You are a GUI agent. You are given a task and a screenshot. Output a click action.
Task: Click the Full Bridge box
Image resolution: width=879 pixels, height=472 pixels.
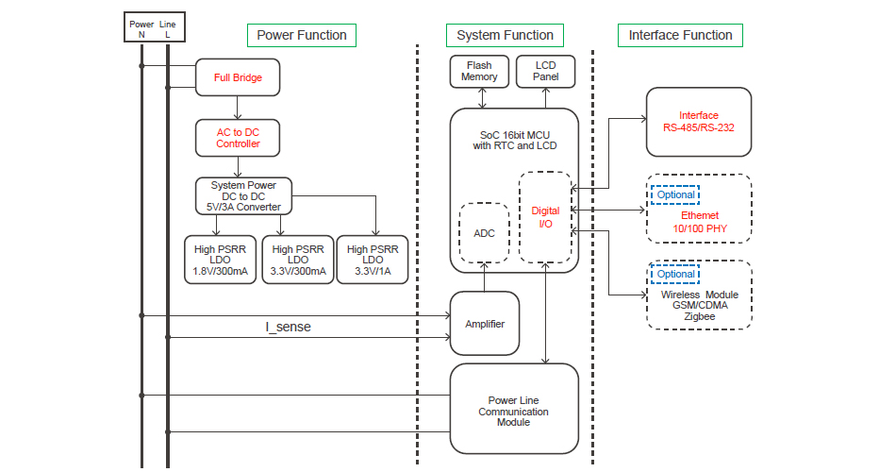(x=238, y=77)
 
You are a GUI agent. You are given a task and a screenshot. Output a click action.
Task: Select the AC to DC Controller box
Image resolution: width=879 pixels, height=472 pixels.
(x=238, y=137)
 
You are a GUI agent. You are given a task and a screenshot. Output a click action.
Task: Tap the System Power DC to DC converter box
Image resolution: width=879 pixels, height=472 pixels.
(x=243, y=195)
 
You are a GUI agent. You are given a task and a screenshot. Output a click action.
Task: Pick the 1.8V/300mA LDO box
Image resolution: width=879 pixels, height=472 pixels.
(x=220, y=261)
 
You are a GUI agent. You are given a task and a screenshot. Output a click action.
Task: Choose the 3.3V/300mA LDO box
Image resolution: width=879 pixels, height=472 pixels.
(x=297, y=261)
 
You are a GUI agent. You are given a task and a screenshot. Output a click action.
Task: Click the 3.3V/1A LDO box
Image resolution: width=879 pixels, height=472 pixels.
(x=373, y=261)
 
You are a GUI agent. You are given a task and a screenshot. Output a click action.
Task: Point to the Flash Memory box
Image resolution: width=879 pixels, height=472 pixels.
(x=479, y=72)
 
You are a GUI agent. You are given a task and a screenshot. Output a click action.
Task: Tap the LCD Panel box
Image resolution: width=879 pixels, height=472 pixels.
(x=545, y=72)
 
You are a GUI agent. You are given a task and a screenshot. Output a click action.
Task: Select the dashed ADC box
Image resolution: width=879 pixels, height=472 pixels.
(x=484, y=232)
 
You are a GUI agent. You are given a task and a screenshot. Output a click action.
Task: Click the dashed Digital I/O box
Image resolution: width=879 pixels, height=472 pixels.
(x=545, y=217)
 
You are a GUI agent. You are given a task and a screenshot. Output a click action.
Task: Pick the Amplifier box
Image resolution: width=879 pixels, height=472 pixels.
(x=485, y=324)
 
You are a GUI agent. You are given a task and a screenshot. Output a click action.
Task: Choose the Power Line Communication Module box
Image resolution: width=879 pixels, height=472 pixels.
(x=513, y=412)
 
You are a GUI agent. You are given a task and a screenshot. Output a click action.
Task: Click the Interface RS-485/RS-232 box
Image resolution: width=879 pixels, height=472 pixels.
(x=698, y=122)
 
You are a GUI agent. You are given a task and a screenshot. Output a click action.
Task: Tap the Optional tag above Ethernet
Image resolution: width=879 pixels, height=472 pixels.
(x=675, y=194)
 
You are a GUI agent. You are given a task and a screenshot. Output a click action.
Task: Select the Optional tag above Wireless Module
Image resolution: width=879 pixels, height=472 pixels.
(x=675, y=274)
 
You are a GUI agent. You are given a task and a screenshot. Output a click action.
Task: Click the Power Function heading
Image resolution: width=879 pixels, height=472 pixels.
(x=302, y=36)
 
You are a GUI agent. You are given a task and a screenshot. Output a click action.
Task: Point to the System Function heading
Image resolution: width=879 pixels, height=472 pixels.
(x=505, y=36)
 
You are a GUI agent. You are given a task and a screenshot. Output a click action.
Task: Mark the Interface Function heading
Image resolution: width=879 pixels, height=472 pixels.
(x=680, y=36)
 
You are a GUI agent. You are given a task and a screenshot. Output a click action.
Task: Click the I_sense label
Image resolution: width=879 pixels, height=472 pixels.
(x=288, y=327)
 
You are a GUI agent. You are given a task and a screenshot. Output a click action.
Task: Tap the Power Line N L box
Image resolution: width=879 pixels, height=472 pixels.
(x=154, y=27)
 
